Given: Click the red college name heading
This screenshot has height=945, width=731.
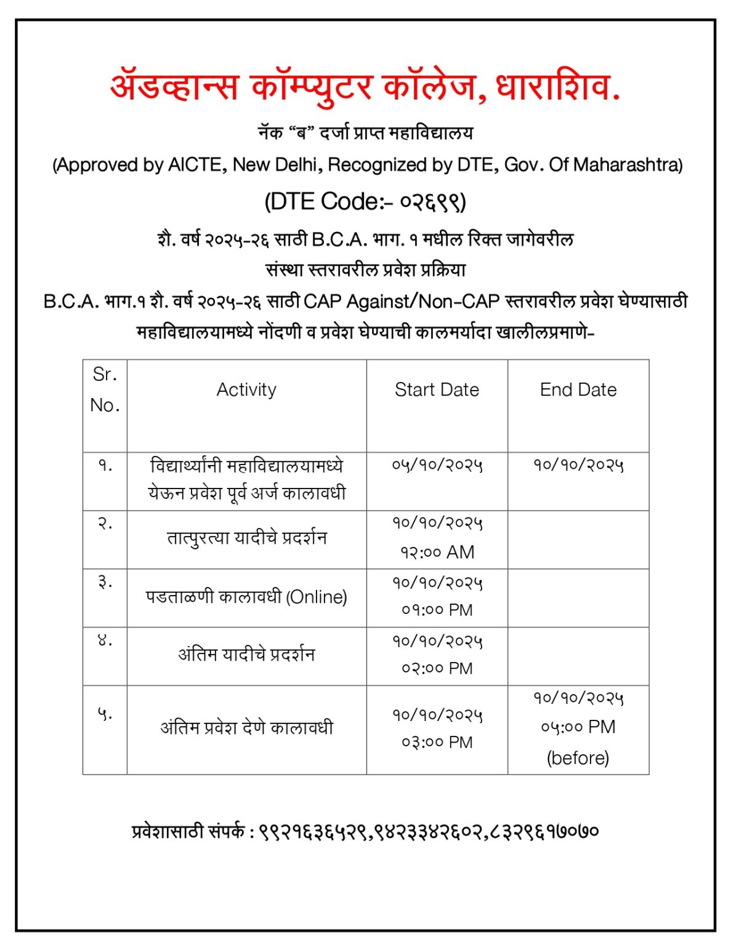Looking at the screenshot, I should point(365,87).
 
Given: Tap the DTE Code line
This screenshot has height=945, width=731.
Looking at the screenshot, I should point(365,202).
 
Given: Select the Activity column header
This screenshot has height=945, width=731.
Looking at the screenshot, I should point(246,389).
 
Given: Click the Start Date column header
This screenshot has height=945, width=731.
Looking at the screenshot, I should point(437,389).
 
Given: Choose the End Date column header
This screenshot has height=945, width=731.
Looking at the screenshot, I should point(578,389).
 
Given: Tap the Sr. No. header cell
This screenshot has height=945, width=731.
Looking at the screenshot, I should point(105,389).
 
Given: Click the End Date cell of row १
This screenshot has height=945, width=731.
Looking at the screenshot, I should point(578,465).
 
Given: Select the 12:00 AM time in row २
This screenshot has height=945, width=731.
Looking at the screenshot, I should point(437,552).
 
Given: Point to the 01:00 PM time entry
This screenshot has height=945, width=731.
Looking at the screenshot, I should point(437,610).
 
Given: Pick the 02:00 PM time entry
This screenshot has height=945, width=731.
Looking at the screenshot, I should point(437,668).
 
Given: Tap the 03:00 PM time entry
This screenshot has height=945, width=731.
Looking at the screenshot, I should point(437,742).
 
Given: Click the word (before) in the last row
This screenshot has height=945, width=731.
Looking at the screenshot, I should point(578,757).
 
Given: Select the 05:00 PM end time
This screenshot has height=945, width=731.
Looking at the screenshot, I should point(578,727).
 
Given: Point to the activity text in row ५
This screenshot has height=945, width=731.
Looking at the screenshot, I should point(246,728).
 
